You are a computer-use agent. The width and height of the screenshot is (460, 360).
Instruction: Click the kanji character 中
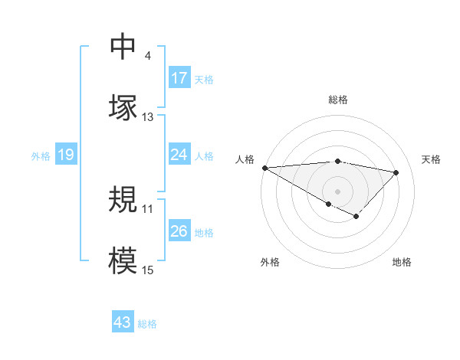click(x=123, y=47)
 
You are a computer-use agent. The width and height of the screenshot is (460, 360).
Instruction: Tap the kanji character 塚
click(x=123, y=106)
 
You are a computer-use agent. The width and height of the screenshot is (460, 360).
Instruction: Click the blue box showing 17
click(x=179, y=78)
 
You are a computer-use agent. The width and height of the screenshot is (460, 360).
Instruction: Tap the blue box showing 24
click(x=179, y=155)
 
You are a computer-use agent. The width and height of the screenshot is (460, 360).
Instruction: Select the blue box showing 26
click(x=179, y=231)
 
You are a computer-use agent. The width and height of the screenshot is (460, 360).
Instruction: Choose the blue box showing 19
click(x=65, y=155)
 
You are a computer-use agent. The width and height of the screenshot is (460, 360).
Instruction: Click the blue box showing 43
click(x=123, y=322)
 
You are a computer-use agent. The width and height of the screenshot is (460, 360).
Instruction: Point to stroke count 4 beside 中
click(x=147, y=56)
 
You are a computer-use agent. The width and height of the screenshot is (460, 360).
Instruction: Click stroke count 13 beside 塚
click(x=148, y=117)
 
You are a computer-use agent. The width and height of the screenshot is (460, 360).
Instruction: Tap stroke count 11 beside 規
click(x=148, y=208)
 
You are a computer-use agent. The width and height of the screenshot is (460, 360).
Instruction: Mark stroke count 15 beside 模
click(x=148, y=270)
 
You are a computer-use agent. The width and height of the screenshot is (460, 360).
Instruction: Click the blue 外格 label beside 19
click(x=41, y=156)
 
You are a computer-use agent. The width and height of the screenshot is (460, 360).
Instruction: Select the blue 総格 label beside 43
click(x=147, y=324)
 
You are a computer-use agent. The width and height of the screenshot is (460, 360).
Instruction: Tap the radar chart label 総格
click(x=337, y=100)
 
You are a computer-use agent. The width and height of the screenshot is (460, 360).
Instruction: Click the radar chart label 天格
click(x=432, y=159)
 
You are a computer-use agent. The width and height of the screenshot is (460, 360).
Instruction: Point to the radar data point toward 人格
click(x=264, y=168)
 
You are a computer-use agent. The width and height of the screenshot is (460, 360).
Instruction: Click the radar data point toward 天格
click(x=396, y=172)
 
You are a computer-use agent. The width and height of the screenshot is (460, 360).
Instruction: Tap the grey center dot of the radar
click(x=337, y=191)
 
